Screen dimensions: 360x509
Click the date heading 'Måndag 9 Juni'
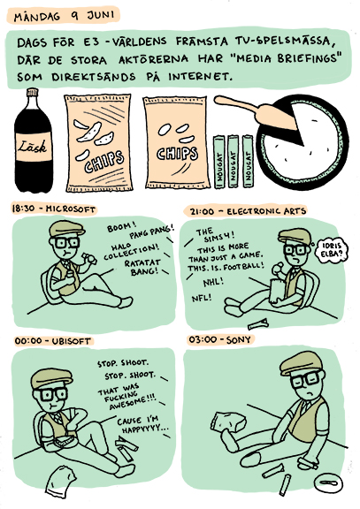64,16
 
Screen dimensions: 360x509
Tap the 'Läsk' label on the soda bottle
34,147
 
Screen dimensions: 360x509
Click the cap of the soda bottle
33,92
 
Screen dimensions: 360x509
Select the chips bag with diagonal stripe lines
98,143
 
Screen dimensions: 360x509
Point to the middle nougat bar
233,162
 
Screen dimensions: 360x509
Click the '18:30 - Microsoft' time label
53,209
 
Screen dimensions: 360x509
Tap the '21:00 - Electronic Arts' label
248,212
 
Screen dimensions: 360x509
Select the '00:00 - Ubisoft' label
53,341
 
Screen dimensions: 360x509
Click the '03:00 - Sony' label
220,340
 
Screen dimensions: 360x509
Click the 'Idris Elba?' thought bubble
332,250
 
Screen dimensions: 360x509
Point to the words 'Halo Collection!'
131,251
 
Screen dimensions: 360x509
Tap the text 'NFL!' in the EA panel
202,297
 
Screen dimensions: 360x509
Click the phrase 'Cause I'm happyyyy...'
142,424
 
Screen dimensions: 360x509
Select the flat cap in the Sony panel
302,362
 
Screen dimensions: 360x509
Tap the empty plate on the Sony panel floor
327,482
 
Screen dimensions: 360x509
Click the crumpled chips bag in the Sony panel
228,423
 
